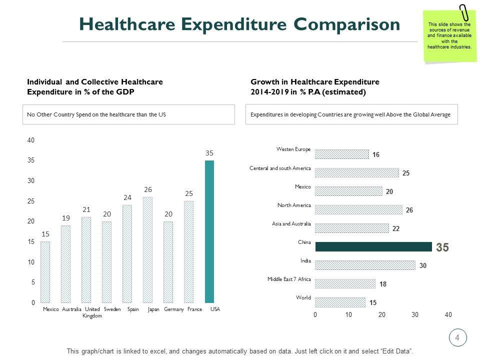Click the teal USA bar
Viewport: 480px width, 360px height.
pyautogui.click(x=209, y=231)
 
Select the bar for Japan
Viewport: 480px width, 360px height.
pyautogui.click(x=147, y=250)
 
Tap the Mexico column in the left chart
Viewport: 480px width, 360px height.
pyautogui.click(x=45, y=272)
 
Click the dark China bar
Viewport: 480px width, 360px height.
pyautogui.click(x=373, y=246)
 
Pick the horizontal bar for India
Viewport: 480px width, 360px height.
pyautogui.click(x=365, y=265)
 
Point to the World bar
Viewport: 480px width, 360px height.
pyautogui.click(x=340, y=302)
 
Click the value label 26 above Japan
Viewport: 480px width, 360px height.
pyautogui.click(x=148, y=189)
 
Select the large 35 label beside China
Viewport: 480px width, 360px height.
pyautogui.click(x=442, y=247)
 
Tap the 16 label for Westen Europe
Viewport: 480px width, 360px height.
pyautogui.click(x=375, y=155)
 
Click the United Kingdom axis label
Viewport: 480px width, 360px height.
pyautogui.click(x=92, y=312)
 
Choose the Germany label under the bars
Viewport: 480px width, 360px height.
pyautogui.click(x=174, y=309)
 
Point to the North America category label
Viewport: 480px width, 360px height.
pyautogui.click(x=294, y=205)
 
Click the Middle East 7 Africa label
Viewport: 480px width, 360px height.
pyautogui.click(x=289, y=279)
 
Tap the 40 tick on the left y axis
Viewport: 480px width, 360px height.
pyautogui.click(x=31, y=140)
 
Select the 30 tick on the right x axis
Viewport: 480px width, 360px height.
pyautogui.click(x=415, y=315)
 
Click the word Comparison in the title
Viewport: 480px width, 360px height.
pyautogui.click(x=346, y=24)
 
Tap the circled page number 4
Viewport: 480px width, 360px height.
pyautogui.click(x=457, y=337)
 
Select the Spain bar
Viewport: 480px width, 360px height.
pyautogui.click(x=127, y=254)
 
